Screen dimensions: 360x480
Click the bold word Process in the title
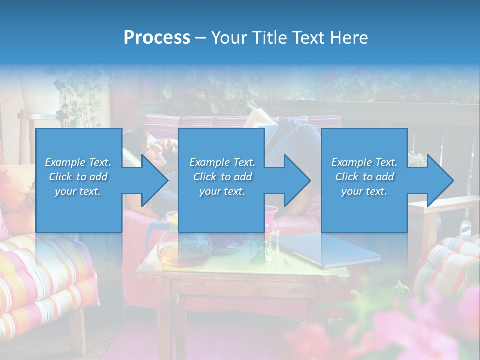tap(157, 38)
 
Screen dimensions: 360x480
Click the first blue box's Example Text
tap(78, 162)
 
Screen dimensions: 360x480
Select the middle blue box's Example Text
tap(222, 162)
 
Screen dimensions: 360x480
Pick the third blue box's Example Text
tap(364, 162)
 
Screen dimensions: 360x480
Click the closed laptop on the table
tap(330, 250)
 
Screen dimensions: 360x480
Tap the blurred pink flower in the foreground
tap(430, 330)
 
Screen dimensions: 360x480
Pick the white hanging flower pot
tap(37, 95)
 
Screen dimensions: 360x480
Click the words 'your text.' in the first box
tap(78, 191)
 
